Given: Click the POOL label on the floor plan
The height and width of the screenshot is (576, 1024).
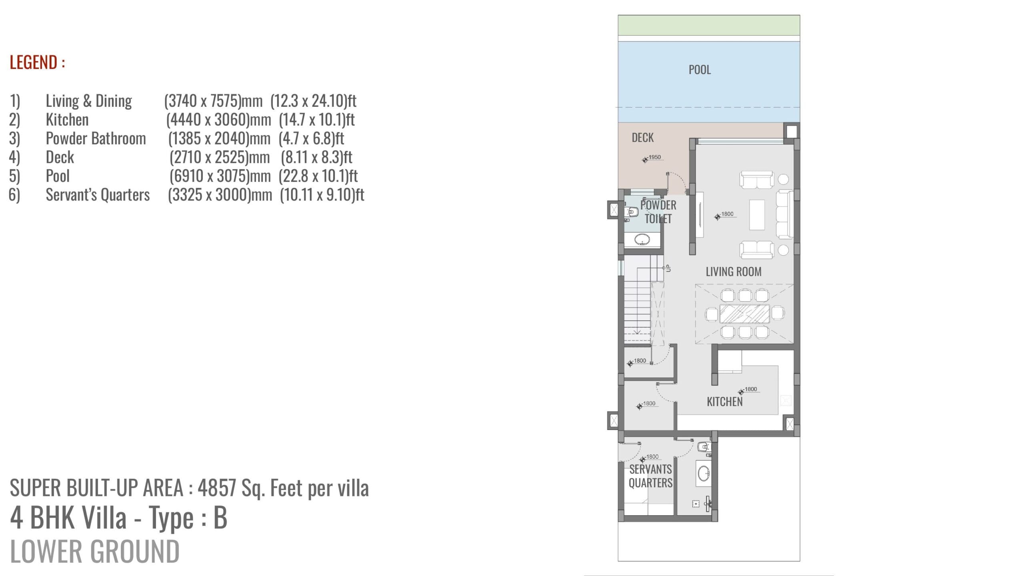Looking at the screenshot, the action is [700, 70].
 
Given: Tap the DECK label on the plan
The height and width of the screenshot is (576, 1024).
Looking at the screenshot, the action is [642, 138].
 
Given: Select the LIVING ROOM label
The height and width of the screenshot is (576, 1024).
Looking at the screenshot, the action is [733, 272].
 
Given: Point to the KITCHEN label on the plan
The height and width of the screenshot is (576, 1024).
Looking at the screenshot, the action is [724, 402].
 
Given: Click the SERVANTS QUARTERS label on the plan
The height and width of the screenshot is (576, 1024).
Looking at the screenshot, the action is [650, 476].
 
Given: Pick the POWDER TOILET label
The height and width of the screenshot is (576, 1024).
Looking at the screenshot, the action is [658, 212].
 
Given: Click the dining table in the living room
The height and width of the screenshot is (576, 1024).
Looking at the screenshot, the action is [744, 314].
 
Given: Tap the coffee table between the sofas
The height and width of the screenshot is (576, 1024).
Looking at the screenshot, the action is [756, 214].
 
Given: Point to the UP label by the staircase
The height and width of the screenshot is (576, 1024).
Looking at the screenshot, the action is [667, 268].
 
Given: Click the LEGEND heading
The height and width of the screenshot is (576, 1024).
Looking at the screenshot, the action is [37, 62].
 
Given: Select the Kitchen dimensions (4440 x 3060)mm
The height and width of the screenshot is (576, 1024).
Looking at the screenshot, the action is [218, 120].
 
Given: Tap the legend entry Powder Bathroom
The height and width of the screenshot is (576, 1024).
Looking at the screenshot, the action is [96, 138].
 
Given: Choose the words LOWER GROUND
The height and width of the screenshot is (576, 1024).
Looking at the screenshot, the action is [95, 551].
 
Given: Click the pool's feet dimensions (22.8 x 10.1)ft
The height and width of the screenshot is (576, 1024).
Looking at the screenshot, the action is [318, 176].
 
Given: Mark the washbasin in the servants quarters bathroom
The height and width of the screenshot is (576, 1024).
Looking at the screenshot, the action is [704, 474].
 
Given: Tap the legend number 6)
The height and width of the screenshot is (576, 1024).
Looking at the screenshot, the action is [14, 195].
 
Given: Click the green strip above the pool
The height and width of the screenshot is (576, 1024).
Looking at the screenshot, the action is [709, 25].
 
